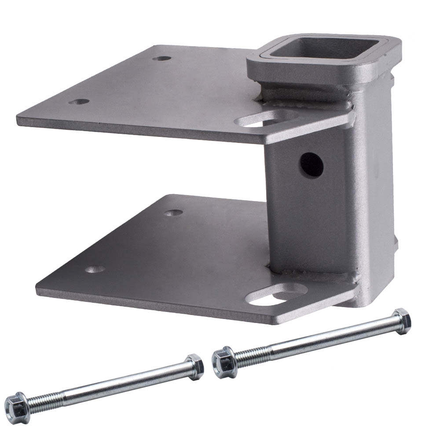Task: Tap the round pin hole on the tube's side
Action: (312, 165)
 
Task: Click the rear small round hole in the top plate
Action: (162, 58)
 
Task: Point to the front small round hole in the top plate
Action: (79, 102)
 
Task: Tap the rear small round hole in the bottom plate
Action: (173, 213)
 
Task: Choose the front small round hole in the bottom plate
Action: (95, 269)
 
